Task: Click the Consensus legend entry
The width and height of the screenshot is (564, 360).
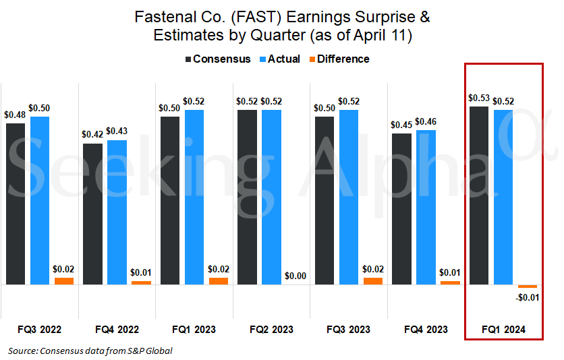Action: pos(218,59)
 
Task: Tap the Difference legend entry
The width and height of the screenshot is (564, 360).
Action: pos(338,59)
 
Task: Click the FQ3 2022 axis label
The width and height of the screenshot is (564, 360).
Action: pos(40,330)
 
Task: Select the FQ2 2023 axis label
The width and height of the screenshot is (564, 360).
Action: pos(272,330)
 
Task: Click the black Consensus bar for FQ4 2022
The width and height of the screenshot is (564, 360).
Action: pos(93,214)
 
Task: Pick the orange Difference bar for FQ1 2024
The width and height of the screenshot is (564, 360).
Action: pos(528,287)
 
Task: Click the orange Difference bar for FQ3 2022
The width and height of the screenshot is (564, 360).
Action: pos(64,281)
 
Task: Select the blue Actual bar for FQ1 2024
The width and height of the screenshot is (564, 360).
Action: pos(503,197)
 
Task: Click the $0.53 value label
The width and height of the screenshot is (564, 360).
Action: pos(479,98)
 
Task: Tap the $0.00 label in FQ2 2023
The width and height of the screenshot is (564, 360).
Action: pos(295,276)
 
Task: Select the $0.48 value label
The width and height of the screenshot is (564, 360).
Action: pos(16,115)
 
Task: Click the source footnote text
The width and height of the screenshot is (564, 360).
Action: pos(90,351)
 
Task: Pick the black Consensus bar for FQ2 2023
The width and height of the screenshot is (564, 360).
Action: pos(248,197)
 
